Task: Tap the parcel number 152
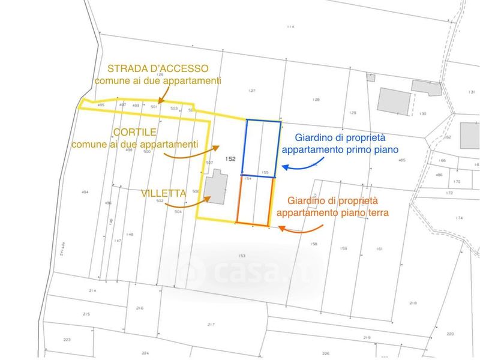(x=230, y=159)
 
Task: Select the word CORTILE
(x=136, y=132)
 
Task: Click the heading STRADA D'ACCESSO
(x=158, y=68)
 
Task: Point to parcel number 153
(x=242, y=256)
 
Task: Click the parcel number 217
(x=211, y=324)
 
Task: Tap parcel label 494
(x=85, y=192)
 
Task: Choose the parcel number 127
(x=252, y=91)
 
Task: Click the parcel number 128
(x=316, y=99)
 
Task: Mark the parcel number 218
(x=413, y=303)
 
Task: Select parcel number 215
(x=86, y=314)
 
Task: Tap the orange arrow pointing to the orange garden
(x=302, y=228)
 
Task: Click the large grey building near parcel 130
(x=394, y=100)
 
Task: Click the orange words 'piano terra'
(x=364, y=212)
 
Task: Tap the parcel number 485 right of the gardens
(x=402, y=160)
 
